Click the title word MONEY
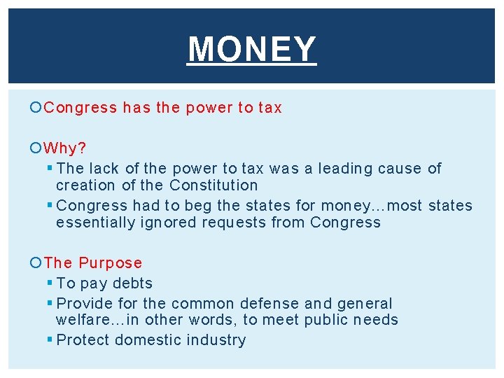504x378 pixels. coord(252,50)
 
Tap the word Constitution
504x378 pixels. coord(213,185)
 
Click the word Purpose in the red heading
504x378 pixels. coord(110,263)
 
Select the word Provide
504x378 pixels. coord(83,304)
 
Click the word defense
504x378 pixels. coord(269,304)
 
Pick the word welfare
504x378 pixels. coord(82,321)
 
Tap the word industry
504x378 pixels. coord(216,340)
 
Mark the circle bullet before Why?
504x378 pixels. coord(36,148)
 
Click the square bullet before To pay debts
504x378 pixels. coord(49,283)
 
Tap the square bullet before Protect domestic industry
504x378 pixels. coord(49,339)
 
